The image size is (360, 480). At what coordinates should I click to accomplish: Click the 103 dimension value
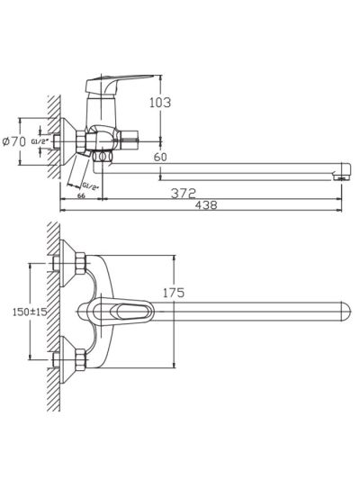pyautogui.click(x=160, y=103)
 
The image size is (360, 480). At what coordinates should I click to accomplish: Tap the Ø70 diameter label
pyautogui.click(x=14, y=141)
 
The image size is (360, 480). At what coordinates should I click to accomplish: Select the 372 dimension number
pyautogui.click(x=184, y=193)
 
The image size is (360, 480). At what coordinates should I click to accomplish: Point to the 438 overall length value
pyautogui.click(x=206, y=204)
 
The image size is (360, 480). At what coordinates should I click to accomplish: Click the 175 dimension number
pyautogui.click(x=174, y=293)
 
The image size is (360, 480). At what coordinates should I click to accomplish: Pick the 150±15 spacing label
pyautogui.click(x=30, y=312)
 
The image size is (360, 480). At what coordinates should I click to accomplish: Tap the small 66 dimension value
pyautogui.click(x=81, y=196)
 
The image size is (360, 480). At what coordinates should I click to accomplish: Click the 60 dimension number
pyautogui.click(x=160, y=157)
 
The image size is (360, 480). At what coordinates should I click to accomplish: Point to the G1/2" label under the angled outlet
pyautogui.click(x=91, y=186)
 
